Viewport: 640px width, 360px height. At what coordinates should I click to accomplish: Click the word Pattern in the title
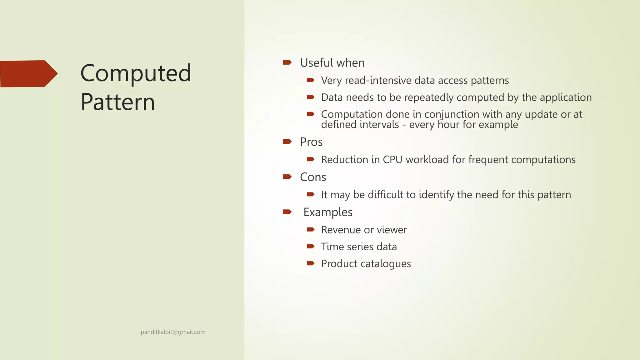click(117, 102)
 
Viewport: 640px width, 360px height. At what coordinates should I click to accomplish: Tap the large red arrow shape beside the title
click(28, 74)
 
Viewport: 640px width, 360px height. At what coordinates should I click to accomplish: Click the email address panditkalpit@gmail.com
click(173, 332)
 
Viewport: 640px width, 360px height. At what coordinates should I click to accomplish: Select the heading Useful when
click(332, 63)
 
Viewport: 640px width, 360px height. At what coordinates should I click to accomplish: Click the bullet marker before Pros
click(287, 142)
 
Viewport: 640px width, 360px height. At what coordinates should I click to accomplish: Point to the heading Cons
click(313, 177)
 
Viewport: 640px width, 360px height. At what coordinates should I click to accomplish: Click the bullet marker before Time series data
click(310, 247)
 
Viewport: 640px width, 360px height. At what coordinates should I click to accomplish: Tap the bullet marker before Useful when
click(287, 62)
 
